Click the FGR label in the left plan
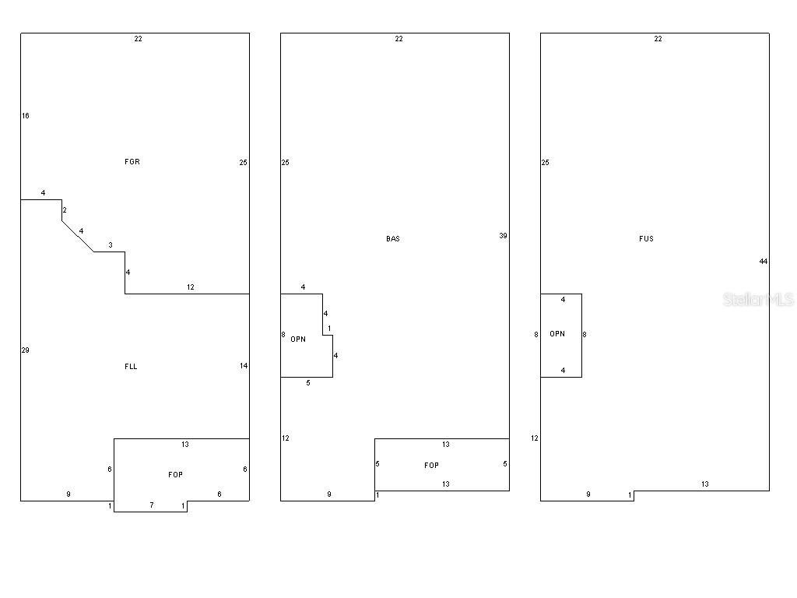click(x=132, y=162)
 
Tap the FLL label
click(x=131, y=366)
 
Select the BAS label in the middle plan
click(x=393, y=238)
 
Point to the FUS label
click(x=646, y=238)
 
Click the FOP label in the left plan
click(x=175, y=474)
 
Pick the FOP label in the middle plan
click(x=431, y=466)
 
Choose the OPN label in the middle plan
click(x=298, y=339)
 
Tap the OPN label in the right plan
click(x=557, y=333)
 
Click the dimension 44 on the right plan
click(x=763, y=262)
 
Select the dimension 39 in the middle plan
click(x=504, y=235)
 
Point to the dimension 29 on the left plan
click(x=26, y=350)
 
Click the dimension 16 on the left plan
click(x=26, y=115)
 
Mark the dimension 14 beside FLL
click(x=244, y=366)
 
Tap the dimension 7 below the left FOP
click(x=152, y=505)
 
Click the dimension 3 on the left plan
click(x=111, y=245)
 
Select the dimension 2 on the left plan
click(x=65, y=210)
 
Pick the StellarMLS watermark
click(x=758, y=299)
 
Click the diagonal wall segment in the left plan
click(x=78, y=237)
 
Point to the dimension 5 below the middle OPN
click(x=308, y=383)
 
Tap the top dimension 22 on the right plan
click(x=658, y=39)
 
